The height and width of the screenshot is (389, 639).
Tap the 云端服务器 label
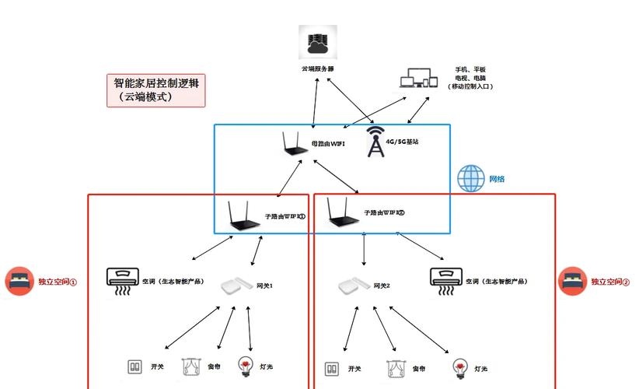pyautogui.click(x=317, y=68)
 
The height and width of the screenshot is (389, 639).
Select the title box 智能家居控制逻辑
pyautogui.click(x=156, y=90)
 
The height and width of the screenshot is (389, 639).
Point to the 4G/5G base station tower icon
pyautogui.click(x=375, y=142)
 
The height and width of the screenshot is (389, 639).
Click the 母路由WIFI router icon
pyautogui.click(x=293, y=145)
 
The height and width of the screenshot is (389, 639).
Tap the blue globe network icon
pyautogui.click(x=471, y=178)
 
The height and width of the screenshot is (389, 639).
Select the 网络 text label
pyautogui.click(x=497, y=179)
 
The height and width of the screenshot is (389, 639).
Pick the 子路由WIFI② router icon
pyautogui.click(x=340, y=212)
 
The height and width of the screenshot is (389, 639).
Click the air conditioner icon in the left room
pyautogui.click(x=123, y=282)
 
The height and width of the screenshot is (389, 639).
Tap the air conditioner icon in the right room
pyautogui.click(x=445, y=282)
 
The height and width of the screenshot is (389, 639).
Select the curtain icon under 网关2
pyautogui.click(x=395, y=367)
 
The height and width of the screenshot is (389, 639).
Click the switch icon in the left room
pyautogui.click(x=134, y=366)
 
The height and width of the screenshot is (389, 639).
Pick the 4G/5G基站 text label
pyautogui.click(x=402, y=142)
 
